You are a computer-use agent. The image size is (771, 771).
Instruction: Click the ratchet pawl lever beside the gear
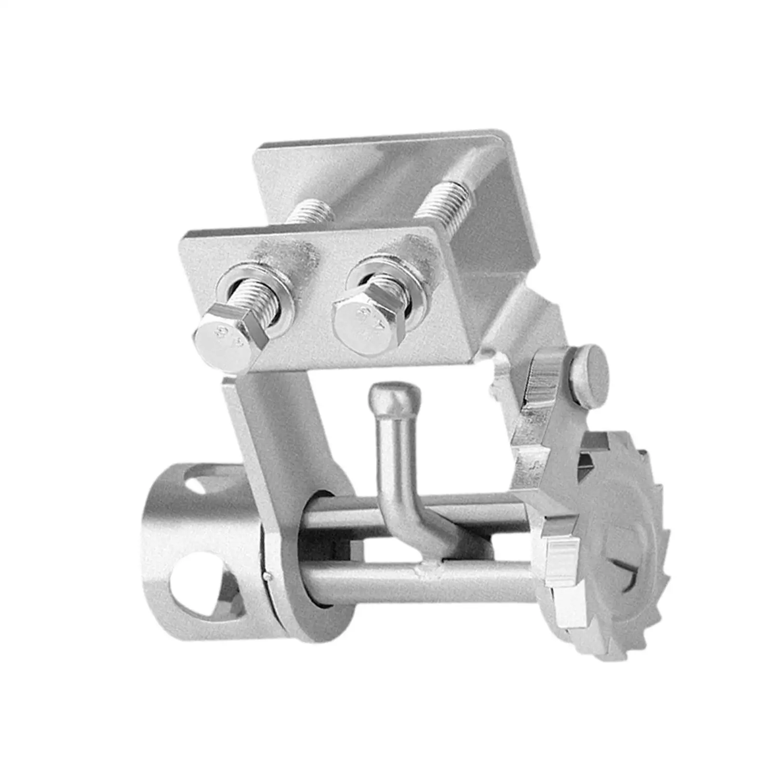[549, 414]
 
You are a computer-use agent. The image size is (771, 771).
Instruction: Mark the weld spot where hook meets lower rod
[429, 571]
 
